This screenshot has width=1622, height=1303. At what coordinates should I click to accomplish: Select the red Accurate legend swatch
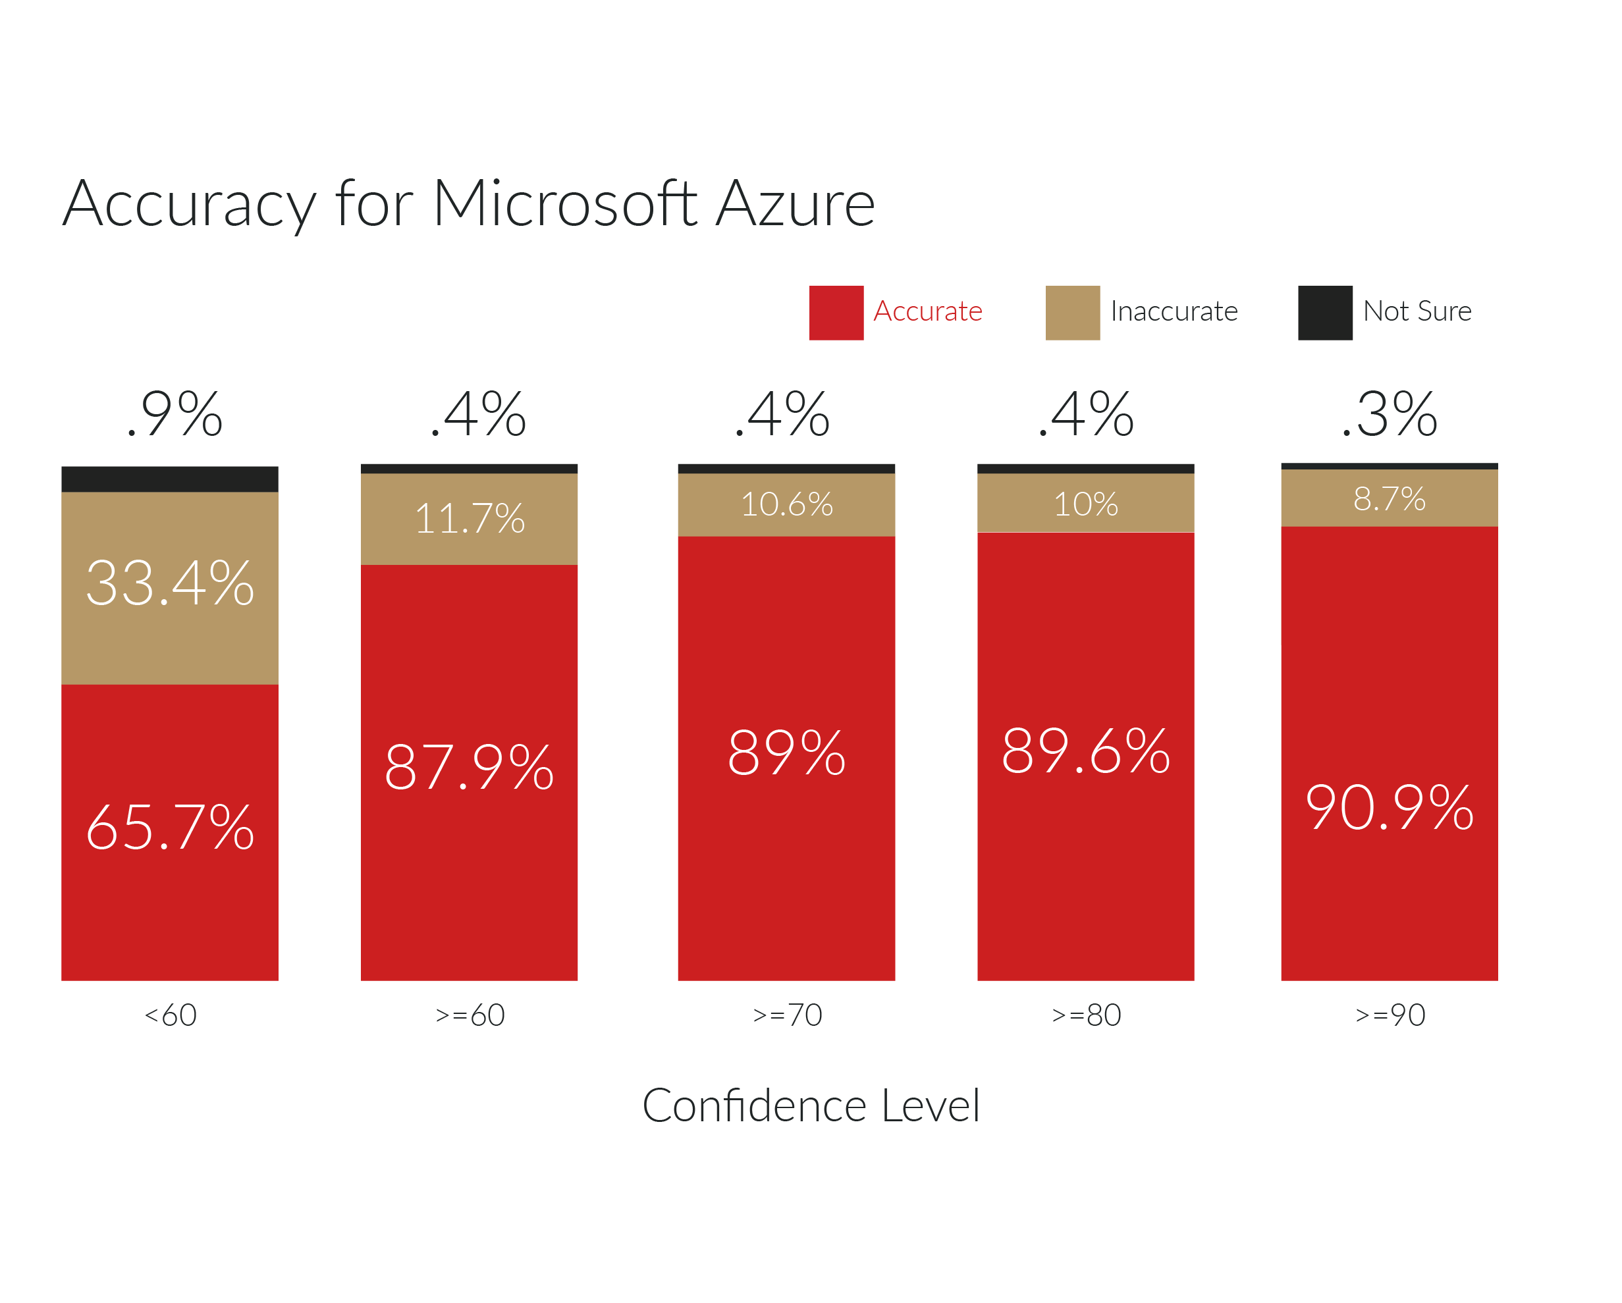point(836,313)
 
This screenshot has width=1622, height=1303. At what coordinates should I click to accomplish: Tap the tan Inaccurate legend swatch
point(1072,313)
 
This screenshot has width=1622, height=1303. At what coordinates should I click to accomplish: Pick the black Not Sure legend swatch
point(1325,313)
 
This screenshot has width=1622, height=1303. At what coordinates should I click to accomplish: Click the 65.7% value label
point(170,828)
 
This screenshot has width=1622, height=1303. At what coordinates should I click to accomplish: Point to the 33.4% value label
point(170,583)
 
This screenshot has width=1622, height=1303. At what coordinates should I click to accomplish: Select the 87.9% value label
point(469,767)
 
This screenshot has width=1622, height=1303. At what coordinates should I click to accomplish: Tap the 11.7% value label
point(469,518)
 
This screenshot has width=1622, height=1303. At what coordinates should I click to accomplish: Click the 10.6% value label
point(786,504)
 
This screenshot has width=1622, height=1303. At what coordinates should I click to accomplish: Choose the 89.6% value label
point(1085,751)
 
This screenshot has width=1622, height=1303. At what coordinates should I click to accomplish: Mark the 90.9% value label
point(1389,807)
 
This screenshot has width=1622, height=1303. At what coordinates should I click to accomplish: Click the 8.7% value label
point(1389,498)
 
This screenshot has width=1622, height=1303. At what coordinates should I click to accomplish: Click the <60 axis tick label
point(170,1015)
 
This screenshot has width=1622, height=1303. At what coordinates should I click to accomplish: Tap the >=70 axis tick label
point(786,1015)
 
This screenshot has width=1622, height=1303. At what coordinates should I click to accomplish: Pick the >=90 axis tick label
point(1389,1015)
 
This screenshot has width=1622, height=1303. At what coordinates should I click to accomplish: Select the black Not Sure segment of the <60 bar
point(170,479)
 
